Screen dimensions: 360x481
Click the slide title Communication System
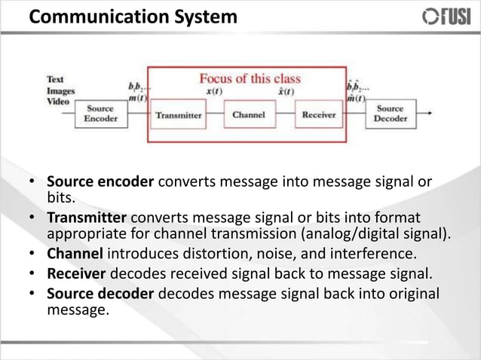click(132, 16)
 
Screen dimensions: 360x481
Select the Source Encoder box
click(100, 114)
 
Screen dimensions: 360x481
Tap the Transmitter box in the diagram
click(178, 115)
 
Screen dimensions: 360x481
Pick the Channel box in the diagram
click(248, 115)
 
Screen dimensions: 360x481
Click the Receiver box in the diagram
click(318, 115)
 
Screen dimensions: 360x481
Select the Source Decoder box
click(390, 114)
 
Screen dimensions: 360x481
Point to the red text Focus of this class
click(250, 78)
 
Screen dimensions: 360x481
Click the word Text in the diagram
click(55, 79)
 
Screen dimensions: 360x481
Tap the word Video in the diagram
click(57, 100)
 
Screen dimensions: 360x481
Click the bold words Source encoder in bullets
click(100, 183)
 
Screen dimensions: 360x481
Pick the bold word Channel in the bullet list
click(74, 251)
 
